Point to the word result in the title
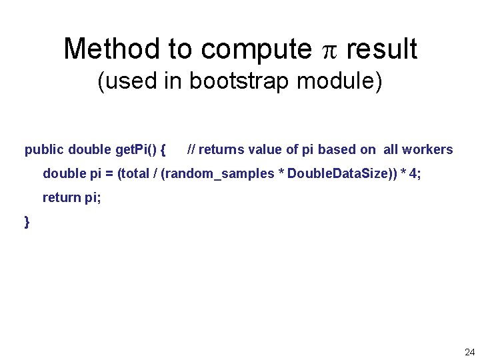tap(382, 49)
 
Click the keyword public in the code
tap(44, 150)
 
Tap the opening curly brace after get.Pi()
tap(164, 150)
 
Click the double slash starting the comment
tap(191, 150)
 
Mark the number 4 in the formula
tap(413, 174)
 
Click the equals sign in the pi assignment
tap(109, 174)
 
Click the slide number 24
tap(469, 351)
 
